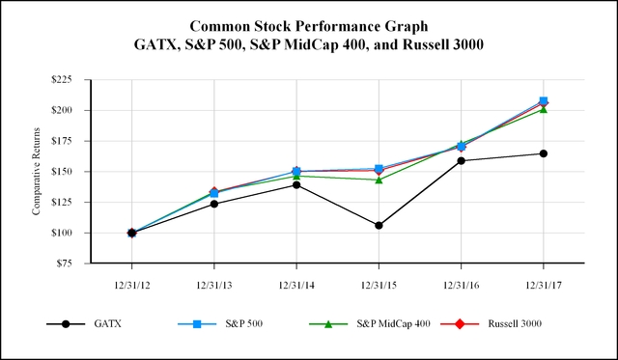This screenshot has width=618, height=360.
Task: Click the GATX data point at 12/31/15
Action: pyautogui.click(x=379, y=225)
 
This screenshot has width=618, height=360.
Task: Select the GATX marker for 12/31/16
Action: pyautogui.click(x=461, y=160)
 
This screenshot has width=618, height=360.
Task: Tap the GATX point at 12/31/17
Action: pyautogui.click(x=543, y=153)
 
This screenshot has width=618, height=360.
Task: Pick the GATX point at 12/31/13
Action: pyautogui.click(x=213, y=204)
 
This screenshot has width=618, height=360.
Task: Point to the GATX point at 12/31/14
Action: pyautogui.click(x=295, y=184)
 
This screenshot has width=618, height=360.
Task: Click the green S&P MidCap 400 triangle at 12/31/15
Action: pyautogui.click(x=379, y=180)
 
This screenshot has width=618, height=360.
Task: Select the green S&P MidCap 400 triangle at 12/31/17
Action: pyautogui.click(x=543, y=109)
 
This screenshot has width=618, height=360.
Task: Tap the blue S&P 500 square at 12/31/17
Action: pyautogui.click(x=544, y=100)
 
